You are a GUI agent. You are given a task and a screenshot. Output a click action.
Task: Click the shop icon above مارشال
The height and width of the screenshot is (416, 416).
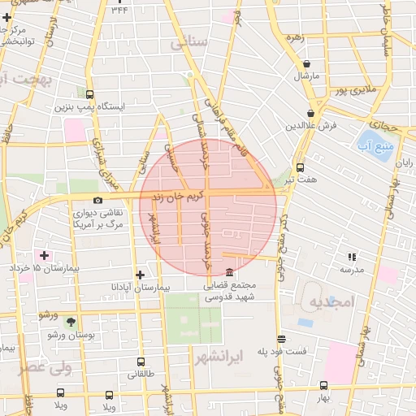pyautogui.click(x=306, y=63)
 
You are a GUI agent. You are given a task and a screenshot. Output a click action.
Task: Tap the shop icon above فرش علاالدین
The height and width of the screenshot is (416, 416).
pyautogui.click(x=311, y=114)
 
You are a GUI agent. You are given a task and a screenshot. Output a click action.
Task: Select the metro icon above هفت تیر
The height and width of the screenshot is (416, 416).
pyautogui.click(x=301, y=167)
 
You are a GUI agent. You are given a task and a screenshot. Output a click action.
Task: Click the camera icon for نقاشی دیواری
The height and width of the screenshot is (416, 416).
pyautogui.click(x=98, y=200)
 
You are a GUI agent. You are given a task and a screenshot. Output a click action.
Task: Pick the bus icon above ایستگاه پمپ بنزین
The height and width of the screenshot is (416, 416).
pyautogui.click(x=89, y=94)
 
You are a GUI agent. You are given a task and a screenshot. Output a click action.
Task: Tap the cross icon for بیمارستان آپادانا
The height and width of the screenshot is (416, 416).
pyautogui.click(x=141, y=275)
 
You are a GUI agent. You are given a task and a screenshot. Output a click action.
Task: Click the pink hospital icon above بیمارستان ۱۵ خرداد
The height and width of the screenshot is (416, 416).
pyautogui.click(x=44, y=256)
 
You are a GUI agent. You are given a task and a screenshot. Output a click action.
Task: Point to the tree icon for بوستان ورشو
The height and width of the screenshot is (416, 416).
pyautogui.click(x=71, y=323)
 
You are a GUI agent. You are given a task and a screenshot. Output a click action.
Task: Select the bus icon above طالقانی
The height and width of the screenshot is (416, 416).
pyautogui.click(x=141, y=362)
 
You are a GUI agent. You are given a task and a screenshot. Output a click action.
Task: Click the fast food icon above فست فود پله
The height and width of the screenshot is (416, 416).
pyautogui.click(x=282, y=339)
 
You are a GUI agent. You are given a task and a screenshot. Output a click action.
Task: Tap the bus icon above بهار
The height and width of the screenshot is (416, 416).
pyautogui.click(x=323, y=386)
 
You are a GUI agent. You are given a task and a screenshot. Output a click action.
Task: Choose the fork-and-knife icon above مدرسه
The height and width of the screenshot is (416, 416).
pyautogui.click(x=352, y=257)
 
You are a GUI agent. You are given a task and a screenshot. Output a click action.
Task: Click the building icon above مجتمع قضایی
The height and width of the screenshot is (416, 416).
pyautogui.click(x=229, y=272)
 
